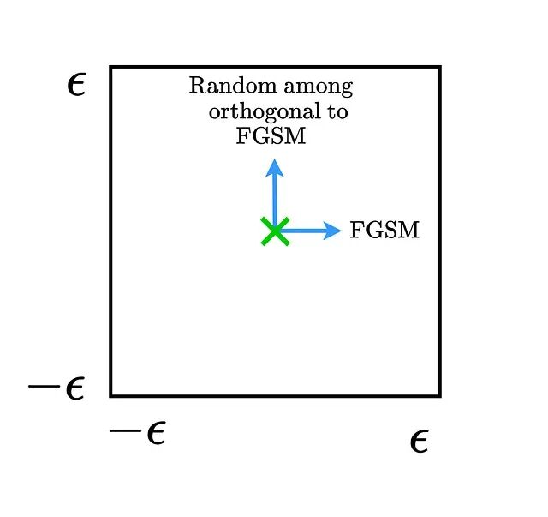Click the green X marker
[274, 231]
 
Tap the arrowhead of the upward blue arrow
[274, 166]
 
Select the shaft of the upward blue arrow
[274, 197]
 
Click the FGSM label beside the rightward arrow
[384, 231]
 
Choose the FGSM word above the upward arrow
[271, 136]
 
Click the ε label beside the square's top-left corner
[76, 85]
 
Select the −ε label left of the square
[57, 388]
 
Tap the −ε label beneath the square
[137, 433]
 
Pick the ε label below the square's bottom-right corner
[419, 442]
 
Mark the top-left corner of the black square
[111, 67]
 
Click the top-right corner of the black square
[439, 67]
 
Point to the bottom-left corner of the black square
[111, 395]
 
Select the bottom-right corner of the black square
[439, 395]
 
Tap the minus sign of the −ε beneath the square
[124, 430]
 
